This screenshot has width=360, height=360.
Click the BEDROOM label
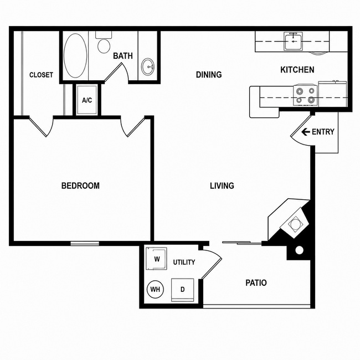80,186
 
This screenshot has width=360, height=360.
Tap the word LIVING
222,186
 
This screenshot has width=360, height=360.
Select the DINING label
209,75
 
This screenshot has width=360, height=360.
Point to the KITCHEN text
297,70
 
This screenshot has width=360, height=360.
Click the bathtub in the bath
75,56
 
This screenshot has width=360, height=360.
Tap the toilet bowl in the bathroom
104,46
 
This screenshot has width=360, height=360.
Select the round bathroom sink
148,66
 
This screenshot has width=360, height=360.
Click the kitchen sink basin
293,42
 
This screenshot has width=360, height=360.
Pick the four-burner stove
306,95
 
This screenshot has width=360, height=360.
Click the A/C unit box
87,100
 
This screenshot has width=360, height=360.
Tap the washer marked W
157,259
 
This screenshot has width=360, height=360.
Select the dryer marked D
183,290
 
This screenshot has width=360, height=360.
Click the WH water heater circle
155,289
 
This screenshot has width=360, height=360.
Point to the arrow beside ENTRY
306,132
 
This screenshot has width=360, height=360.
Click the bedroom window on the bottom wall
85,243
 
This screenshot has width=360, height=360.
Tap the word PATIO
256,283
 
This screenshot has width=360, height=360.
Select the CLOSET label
42,75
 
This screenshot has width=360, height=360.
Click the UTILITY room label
184,262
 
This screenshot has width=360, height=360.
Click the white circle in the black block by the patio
300,250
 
